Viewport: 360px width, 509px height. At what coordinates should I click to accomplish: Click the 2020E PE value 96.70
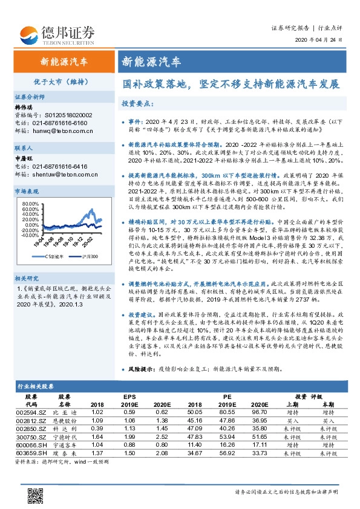[259, 412]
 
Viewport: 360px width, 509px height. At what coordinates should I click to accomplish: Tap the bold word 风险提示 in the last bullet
[142, 368]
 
